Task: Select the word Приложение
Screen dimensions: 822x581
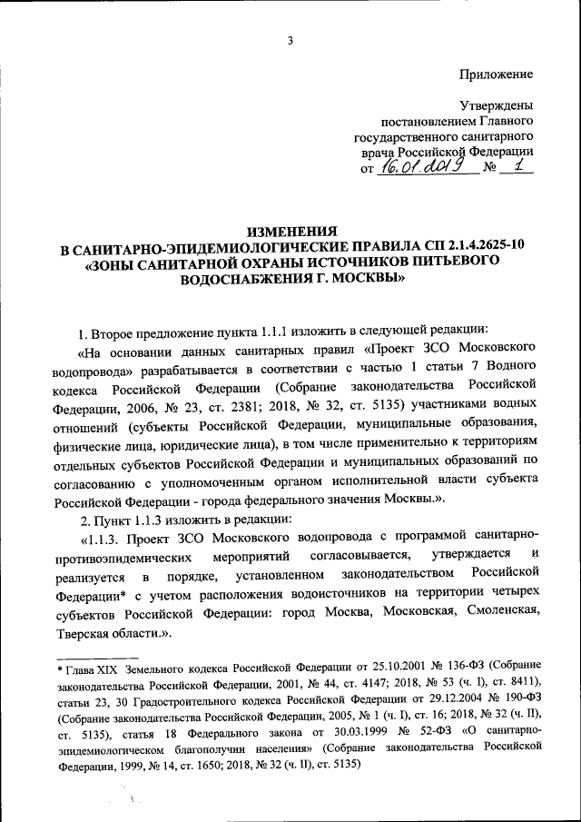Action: [x=495, y=74]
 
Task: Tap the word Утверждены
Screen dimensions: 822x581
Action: [x=497, y=105]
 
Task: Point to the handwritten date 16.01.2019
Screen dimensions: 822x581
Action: [x=424, y=166]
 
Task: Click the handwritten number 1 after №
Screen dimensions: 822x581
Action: [x=518, y=166]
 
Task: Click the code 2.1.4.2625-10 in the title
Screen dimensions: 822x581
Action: [x=478, y=246]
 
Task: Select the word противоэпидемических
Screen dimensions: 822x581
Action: [x=136, y=554]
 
